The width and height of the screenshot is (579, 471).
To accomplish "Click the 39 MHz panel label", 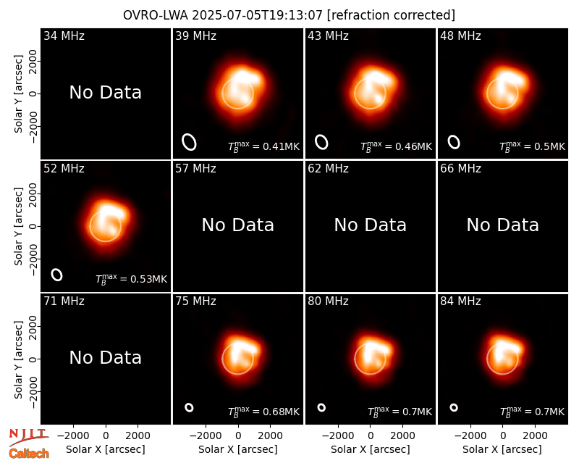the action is [x=195, y=36].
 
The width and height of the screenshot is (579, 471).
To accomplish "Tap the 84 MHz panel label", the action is [x=460, y=301].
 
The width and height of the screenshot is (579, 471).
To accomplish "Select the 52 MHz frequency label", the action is [x=64, y=169].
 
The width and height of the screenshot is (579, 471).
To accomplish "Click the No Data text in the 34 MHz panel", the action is [x=106, y=93].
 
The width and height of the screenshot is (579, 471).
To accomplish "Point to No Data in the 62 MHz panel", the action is [x=371, y=225].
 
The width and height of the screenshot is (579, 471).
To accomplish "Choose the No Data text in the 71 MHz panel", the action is [x=106, y=358].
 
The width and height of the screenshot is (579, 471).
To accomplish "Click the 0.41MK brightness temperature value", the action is [x=281, y=147].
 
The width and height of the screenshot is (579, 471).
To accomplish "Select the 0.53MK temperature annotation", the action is [x=149, y=279].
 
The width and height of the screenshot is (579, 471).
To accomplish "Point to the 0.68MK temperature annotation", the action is [x=281, y=412].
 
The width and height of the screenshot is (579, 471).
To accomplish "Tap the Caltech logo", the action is [x=29, y=454].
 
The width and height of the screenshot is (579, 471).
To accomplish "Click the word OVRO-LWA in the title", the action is [x=156, y=15].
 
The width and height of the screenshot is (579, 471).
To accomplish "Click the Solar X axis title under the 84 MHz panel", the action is [x=502, y=449].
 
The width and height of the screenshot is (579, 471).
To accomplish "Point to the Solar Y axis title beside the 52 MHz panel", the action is [x=19, y=226].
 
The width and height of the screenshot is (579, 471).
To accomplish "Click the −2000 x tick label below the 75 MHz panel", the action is [x=206, y=436].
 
